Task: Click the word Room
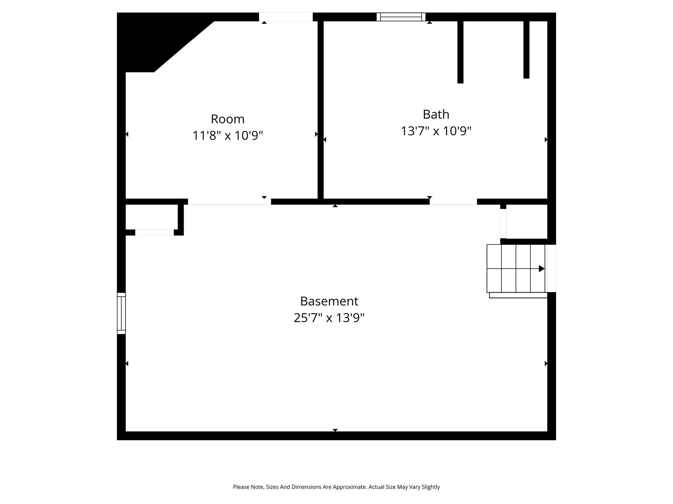click(x=228, y=119)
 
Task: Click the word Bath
click(x=436, y=114)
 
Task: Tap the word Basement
click(x=329, y=301)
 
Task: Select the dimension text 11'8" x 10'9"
click(x=228, y=136)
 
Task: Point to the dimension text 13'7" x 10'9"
click(x=436, y=131)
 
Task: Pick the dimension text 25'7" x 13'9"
click(x=329, y=318)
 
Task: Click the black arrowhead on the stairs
click(x=542, y=269)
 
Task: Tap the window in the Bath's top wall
click(x=401, y=17)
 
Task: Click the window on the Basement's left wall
click(x=121, y=313)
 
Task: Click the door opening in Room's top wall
click(x=286, y=17)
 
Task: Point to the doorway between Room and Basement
click(x=229, y=202)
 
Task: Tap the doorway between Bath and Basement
click(x=453, y=202)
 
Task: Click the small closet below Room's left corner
click(x=152, y=217)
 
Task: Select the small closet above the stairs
click(x=527, y=221)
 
